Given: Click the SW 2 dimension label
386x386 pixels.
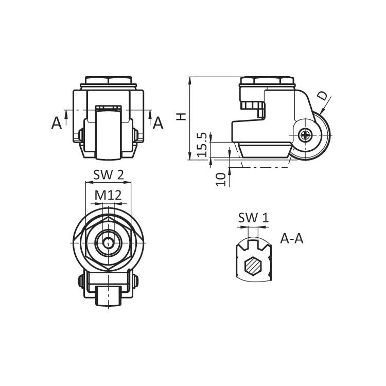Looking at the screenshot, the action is (108, 175).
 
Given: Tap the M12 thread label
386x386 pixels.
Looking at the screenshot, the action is (108, 196).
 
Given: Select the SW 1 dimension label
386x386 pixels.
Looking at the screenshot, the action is (253, 218).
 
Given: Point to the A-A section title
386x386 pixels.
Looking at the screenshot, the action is (292, 238).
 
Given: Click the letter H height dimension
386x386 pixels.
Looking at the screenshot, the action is (182, 116).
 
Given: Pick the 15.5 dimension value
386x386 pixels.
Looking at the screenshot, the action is (202, 145).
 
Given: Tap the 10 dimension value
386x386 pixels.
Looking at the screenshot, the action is (221, 179).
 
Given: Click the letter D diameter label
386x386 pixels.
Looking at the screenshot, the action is (323, 96).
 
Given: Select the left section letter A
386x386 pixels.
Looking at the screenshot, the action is (57, 123).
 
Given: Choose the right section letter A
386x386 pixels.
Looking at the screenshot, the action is (158, 123).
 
